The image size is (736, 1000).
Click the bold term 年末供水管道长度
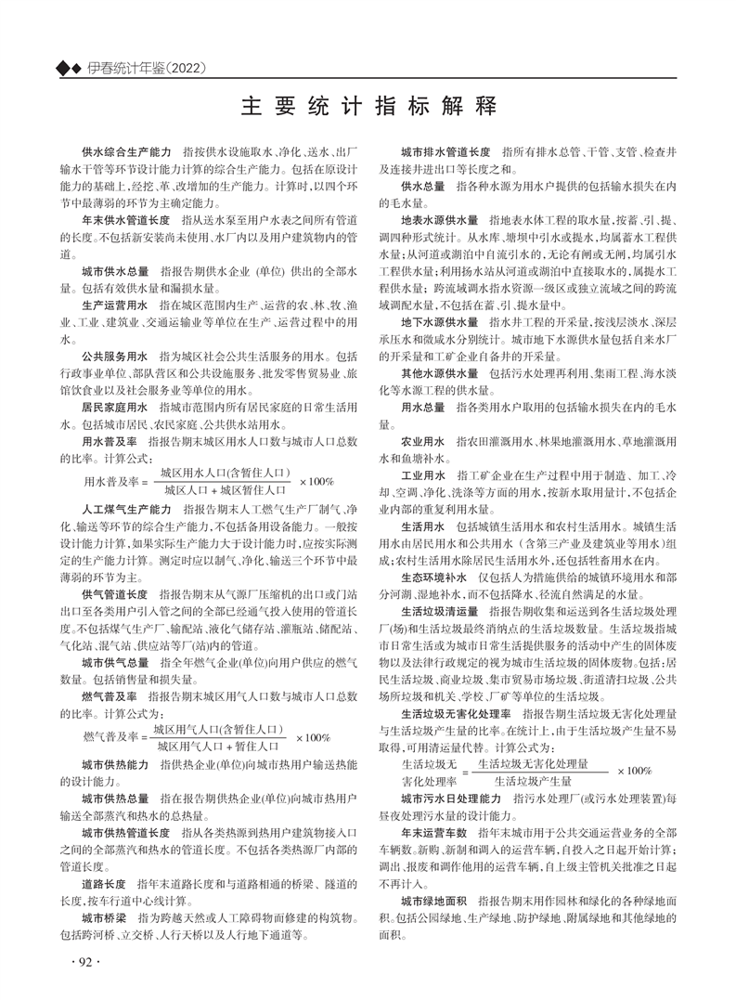tap(126, 222)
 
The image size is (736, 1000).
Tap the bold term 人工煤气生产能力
tap(126, 510)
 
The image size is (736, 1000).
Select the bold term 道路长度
tap(104, 884)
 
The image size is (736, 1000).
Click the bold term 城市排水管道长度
tap(445, 150)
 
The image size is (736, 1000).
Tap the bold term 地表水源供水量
tap(440, 221)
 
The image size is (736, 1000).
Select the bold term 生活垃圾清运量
tap(440, 612)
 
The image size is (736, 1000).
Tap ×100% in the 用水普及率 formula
tap(316, 481)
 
